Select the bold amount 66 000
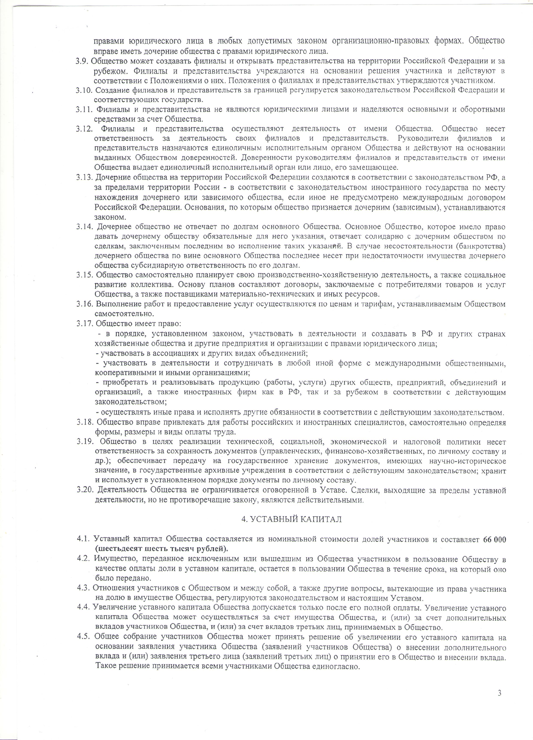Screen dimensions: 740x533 [494, 539]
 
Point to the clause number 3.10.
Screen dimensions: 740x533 [84, 90]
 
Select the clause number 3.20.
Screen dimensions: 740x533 [85, 490]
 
